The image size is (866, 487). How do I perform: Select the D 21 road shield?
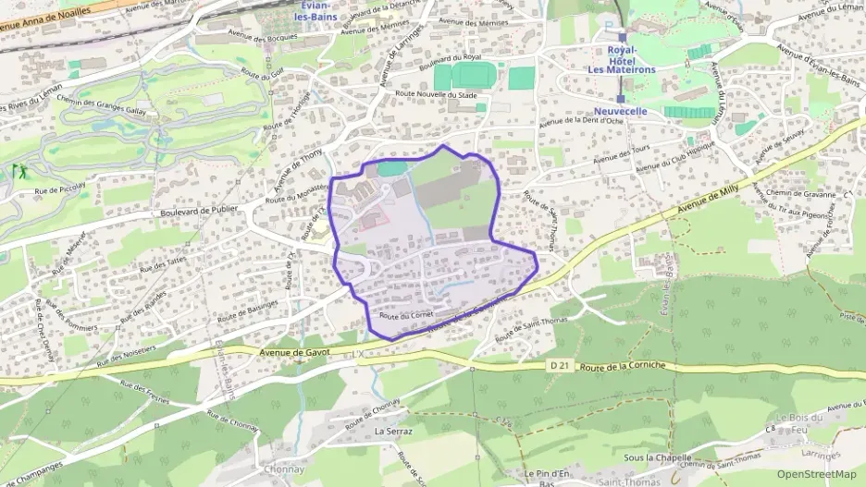coord(559,366)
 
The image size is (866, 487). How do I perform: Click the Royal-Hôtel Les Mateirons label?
coord(621,59)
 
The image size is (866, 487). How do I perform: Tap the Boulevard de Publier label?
coord(199,209)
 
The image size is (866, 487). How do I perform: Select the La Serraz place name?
coord(393,431)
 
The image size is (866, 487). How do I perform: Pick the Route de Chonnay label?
coord(371,417)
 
